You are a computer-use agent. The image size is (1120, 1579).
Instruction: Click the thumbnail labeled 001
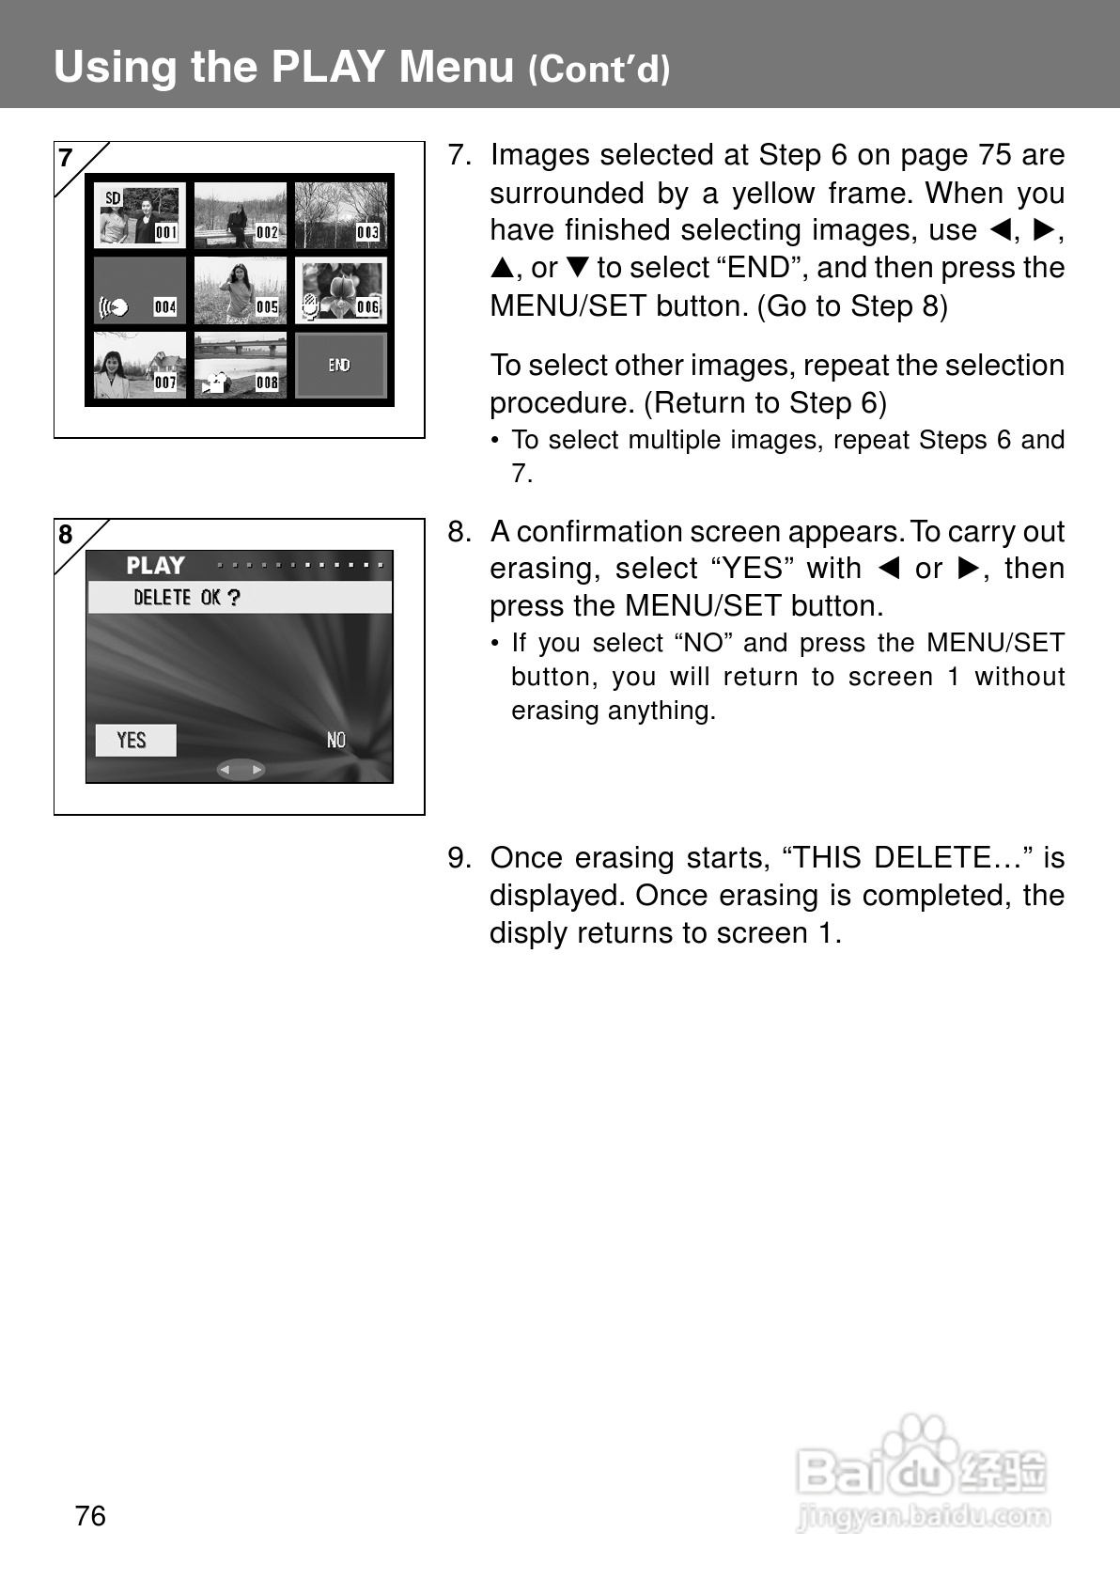[139, 214]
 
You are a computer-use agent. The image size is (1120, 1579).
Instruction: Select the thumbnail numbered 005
[241, 290]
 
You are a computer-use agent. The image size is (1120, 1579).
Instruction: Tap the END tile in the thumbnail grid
[340, 366]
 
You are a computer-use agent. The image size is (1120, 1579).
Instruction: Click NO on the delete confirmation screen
[336, 741]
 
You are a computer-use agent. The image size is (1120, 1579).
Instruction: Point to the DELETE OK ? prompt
[188, 598]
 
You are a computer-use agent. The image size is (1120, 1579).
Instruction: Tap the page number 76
[90, 1516]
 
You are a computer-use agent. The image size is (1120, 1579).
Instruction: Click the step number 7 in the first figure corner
[66, 158]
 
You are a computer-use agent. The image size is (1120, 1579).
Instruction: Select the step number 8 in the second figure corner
[66, 535]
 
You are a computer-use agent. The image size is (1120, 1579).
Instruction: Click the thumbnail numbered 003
[341, 214]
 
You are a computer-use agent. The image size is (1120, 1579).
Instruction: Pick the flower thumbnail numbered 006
[341, 290]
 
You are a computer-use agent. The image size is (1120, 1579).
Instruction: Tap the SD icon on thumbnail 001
[113, 198]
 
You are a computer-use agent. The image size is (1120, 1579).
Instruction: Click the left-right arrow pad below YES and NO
[241, 770]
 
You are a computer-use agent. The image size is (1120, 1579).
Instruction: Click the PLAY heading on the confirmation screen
[156, 566]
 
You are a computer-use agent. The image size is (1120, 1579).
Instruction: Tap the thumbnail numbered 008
[241, 366]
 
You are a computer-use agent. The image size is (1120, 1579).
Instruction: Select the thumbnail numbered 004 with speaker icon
[139, 290]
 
